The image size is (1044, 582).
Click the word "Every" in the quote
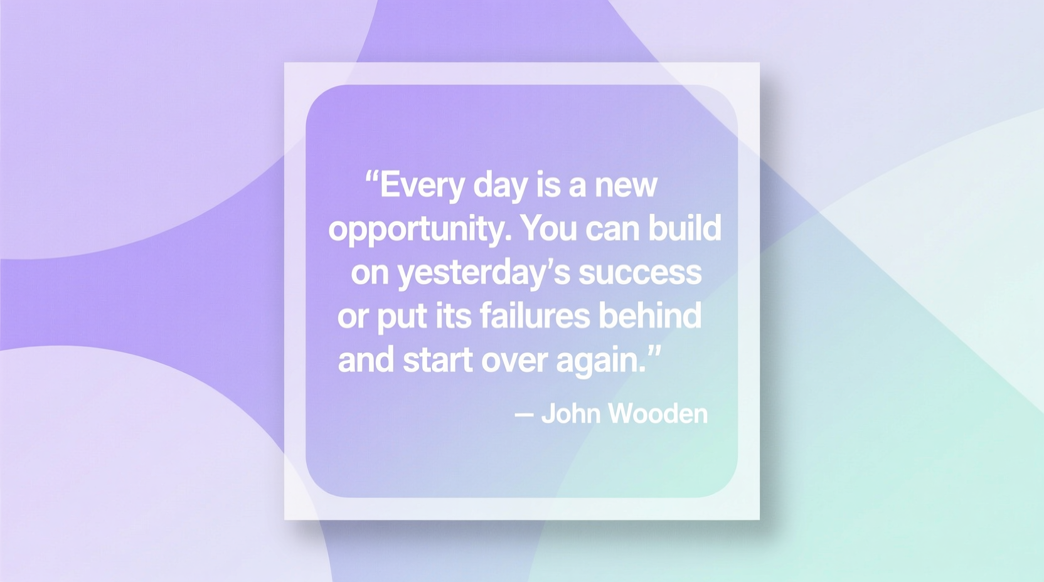(x=422, y=186)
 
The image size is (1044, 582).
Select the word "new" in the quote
(x=626, y=186)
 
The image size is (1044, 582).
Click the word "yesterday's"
(x=483, y=273)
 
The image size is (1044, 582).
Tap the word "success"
(x=639, y=273)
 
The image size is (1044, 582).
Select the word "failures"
(x=535, y=315)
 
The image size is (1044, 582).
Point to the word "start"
(x=437, y=360)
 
